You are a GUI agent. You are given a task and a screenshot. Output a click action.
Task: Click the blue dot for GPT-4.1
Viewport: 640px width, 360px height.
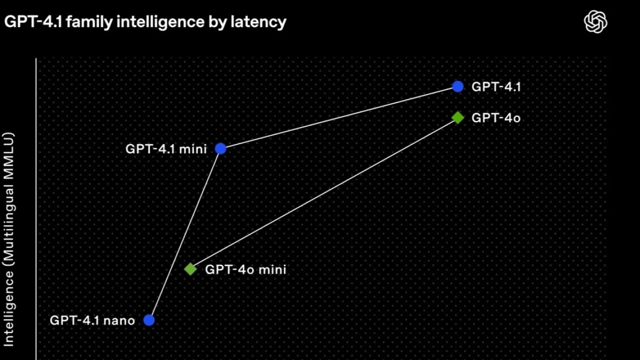[457, 86]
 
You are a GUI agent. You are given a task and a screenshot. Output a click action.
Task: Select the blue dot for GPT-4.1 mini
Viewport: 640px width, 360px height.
[220, 148]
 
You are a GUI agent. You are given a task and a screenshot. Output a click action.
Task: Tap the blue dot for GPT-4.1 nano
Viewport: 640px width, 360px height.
[149, 320]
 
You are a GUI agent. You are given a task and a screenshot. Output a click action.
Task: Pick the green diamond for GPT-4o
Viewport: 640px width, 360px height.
[457, 117]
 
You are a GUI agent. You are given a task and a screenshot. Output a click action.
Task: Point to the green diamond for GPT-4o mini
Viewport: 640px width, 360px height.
[190, 269]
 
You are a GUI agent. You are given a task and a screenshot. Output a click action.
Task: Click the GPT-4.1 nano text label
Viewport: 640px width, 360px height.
[92, 320]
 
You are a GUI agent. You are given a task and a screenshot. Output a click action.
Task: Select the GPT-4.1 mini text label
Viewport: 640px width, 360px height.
[166, 149]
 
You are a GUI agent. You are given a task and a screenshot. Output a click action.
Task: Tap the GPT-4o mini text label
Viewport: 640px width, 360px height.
[245, 269]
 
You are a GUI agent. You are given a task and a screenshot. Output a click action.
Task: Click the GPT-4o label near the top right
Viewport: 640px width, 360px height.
[496, 117]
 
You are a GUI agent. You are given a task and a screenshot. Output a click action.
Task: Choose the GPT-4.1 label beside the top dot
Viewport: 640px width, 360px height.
[496, 87]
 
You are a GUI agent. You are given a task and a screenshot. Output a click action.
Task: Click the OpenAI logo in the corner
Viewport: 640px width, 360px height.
[595, 21]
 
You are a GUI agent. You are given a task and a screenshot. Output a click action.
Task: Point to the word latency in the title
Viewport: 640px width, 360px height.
[258, 22]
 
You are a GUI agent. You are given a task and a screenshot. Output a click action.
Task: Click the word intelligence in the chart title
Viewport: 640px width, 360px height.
[160, 22]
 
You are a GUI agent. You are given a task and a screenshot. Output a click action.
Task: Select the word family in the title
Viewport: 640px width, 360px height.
[89, 22]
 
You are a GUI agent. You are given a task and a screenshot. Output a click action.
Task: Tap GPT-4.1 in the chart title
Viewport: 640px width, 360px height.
[33, 21]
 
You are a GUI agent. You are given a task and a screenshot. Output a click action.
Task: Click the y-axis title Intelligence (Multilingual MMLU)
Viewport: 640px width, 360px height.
[8, 239]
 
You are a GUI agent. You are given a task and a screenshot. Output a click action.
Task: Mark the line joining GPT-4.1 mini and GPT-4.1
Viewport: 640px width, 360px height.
[339, 117]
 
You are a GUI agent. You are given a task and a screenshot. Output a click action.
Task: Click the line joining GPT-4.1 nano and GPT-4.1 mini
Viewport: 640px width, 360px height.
[184, 234]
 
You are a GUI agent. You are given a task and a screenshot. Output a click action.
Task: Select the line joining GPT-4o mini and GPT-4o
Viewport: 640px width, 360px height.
[324, 193]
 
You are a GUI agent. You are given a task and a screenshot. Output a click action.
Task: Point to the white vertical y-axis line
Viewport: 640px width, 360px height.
[36, 209]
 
